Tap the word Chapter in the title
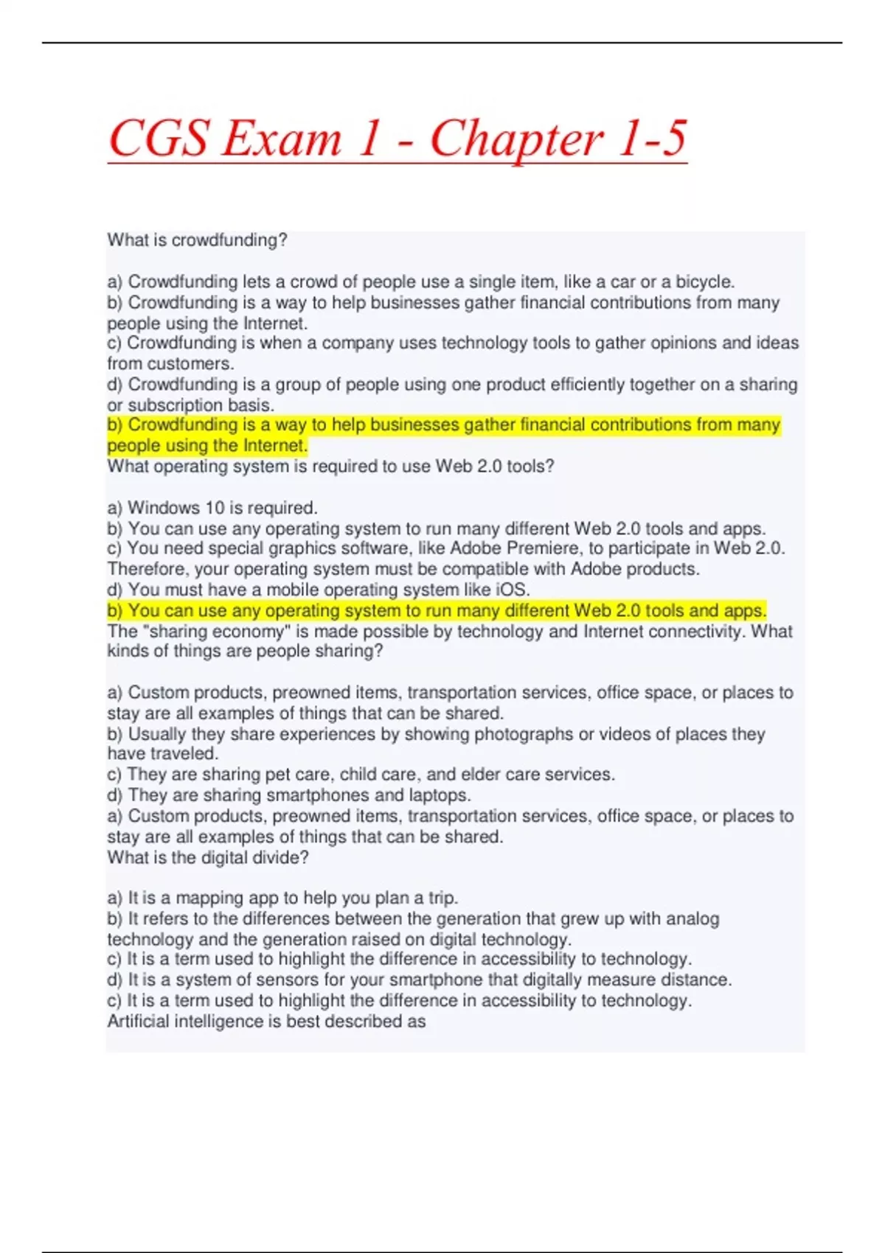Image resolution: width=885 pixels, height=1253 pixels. [516, 140]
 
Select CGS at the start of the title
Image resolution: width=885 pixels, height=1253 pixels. [158, 139]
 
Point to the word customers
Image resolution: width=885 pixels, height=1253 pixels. [190, 363]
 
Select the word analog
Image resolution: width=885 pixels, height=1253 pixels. [693, 918]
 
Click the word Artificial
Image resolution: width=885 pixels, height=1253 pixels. [140, 1021]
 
